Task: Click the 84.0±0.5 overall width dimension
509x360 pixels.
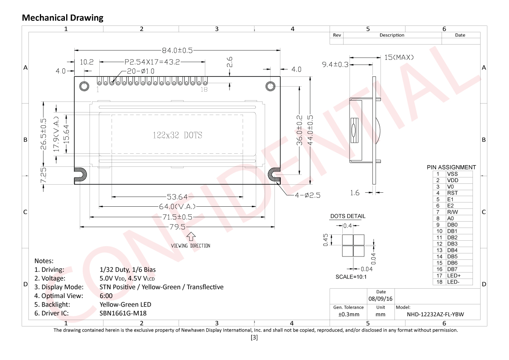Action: [x=177, y=50]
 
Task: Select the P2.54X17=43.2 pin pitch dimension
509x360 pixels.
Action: [x=152, y=62]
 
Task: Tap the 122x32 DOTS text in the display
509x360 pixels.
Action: [x=177, y=135]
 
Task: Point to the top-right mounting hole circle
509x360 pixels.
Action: [x=271, y=86]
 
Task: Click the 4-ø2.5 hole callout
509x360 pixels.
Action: [x=303, y=195]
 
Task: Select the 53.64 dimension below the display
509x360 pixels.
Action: [x=177, y=197]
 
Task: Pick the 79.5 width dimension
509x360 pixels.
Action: [x=177, y=227]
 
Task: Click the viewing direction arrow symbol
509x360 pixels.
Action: [x=191, y=236]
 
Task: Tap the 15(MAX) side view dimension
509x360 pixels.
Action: [x=399, y=57]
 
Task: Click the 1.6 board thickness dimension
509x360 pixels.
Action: [x=355, y=193]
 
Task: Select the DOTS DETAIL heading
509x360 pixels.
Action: [x=348, y=216]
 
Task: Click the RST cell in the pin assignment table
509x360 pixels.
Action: [x=452, y=193]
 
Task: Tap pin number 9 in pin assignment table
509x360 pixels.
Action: [x=439, y=225]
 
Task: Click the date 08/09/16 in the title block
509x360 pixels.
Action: [x=381, y=299]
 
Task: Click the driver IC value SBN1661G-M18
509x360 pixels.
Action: [x=123, y=313]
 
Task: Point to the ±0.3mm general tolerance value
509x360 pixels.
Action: [x=349, y=315]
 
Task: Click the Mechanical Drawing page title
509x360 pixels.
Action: [x=62, y=18]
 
